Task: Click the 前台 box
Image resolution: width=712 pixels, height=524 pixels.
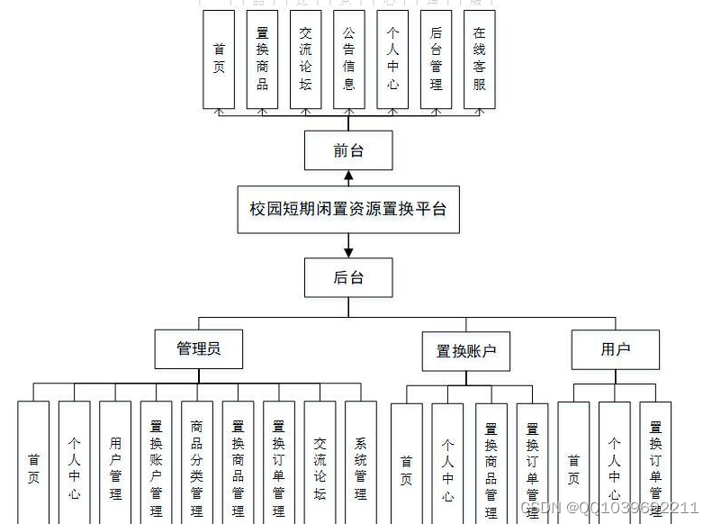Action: coord(348,149)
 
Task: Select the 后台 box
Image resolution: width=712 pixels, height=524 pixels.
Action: coord(348,277)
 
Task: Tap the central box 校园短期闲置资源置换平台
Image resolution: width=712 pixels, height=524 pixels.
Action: coord(348,209)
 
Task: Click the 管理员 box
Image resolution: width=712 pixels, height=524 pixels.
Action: coord(198,348)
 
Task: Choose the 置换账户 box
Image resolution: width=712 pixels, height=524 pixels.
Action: coord(466,351)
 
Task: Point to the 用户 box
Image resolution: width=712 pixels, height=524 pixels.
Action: coord(616,349)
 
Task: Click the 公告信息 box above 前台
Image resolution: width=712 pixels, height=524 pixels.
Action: coord(348,59)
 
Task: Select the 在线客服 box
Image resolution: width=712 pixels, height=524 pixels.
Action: coord(480,59)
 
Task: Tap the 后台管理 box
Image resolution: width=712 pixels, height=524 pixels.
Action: coord(436,59)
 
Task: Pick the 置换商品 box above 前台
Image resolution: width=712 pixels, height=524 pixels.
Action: coord(262,59)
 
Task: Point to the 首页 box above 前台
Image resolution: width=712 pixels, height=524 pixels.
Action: coord(219,59)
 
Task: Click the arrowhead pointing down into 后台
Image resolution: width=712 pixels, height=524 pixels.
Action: coord(348,251)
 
